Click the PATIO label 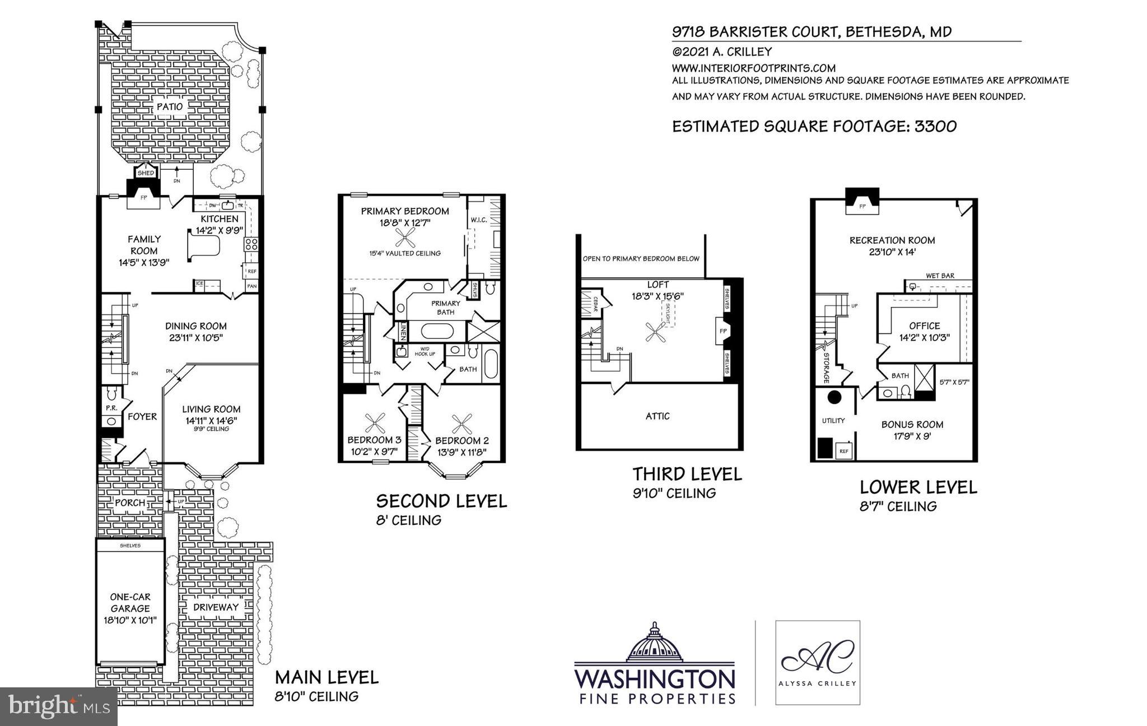170,106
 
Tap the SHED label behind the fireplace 146,173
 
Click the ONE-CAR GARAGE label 130,603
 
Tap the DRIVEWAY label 216,607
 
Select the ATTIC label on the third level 658,416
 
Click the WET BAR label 940,276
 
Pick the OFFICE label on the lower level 924,325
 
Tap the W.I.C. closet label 479,220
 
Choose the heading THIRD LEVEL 687,474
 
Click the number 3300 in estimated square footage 935,127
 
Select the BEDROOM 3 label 374,440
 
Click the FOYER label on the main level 142,417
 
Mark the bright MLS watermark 59,707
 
